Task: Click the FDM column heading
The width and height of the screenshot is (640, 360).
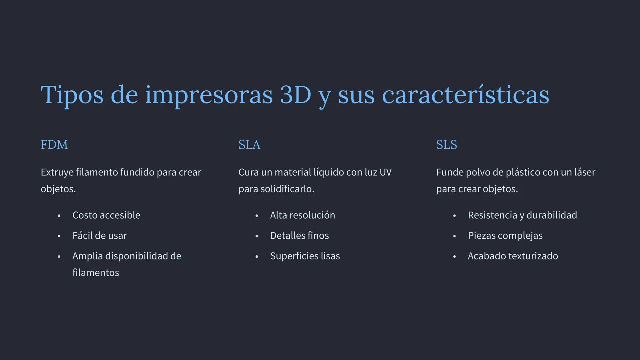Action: pos(54,145)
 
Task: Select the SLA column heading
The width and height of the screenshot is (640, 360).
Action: pos(249,145)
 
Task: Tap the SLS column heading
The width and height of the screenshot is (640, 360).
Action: pos(446,145)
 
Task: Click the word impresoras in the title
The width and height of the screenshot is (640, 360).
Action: pos(209,95)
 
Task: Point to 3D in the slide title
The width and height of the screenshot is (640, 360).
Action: pos(295,95)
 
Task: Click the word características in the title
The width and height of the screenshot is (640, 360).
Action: pos(465,95)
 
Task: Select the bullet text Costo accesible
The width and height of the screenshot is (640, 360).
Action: pos(106,215)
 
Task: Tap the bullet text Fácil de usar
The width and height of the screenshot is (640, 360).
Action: pos(99,236)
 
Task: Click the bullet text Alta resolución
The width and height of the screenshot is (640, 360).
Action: pos(302,215)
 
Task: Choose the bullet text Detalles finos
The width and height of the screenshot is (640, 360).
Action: pos(299,236)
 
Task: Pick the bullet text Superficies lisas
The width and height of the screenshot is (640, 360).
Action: pos(305,256)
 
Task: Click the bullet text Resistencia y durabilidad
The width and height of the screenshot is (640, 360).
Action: pos(522,215)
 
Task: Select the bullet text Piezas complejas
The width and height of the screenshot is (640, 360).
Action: pos(505,236)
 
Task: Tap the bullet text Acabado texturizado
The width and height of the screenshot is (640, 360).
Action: pos(513,256)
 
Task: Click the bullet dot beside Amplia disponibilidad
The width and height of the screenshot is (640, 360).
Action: pos(59,257)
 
